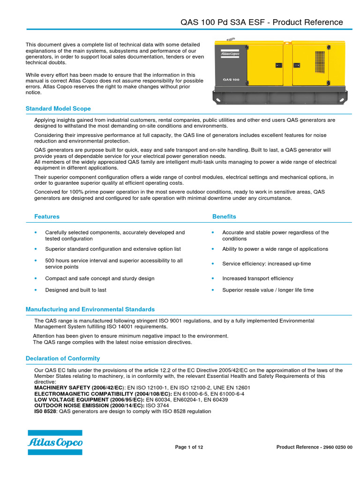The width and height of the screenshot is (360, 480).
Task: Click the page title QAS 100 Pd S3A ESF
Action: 262,22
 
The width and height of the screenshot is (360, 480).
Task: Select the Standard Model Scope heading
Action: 58,109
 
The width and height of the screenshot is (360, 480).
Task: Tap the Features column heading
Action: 47,217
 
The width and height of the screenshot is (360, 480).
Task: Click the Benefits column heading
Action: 224,217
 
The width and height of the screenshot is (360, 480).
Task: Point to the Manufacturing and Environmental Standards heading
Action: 90,309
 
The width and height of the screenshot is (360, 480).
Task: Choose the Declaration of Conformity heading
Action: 63,359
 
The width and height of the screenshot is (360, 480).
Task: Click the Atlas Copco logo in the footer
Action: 55,442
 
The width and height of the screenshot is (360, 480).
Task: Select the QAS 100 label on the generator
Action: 231,80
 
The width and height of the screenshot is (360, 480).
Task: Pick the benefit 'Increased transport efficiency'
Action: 257,278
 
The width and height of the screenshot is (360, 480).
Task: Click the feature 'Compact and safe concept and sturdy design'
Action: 99,278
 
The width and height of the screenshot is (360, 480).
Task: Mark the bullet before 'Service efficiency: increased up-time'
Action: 213,264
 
